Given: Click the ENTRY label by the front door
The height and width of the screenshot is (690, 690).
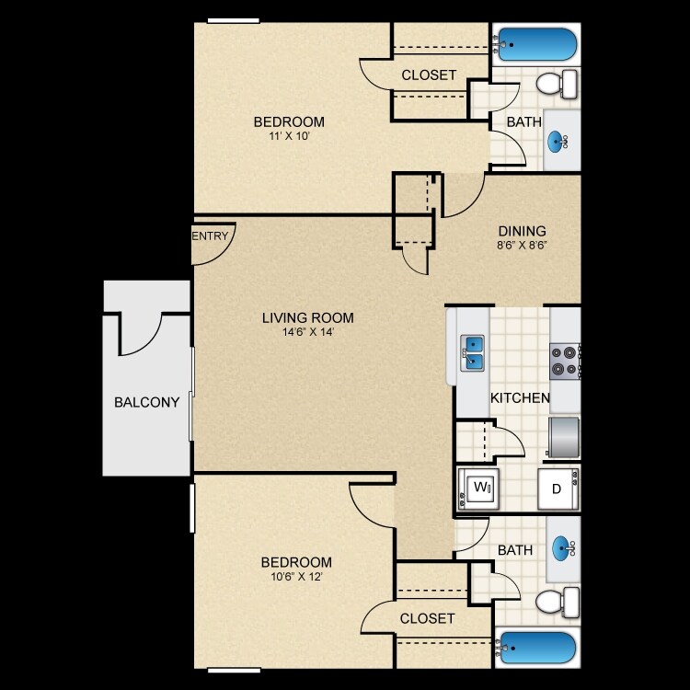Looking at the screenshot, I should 210,236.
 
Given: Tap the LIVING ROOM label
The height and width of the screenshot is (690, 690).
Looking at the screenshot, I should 307,318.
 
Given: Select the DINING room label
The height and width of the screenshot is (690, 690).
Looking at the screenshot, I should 522,231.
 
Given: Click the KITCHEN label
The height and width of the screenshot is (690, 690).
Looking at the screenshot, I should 520,398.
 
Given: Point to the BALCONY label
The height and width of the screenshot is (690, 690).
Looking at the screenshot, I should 146,402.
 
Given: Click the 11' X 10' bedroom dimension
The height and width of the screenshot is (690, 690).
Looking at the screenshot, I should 289,138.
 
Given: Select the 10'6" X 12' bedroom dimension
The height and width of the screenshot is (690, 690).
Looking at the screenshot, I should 296,578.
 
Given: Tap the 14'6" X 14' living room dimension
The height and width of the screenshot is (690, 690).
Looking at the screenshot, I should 307,333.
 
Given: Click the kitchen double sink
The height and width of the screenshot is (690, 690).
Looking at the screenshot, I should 473,351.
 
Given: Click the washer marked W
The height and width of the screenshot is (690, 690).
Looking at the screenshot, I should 479,488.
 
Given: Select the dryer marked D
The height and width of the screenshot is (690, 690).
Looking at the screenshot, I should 558,489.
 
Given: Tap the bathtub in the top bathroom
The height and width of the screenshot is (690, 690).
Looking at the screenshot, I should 537,43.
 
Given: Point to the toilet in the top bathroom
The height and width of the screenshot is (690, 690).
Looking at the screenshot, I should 556,85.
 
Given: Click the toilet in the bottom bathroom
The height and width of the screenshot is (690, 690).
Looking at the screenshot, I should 556,604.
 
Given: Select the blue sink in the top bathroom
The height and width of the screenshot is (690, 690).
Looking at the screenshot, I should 558,141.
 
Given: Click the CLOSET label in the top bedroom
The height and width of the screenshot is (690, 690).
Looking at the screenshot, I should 429,75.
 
